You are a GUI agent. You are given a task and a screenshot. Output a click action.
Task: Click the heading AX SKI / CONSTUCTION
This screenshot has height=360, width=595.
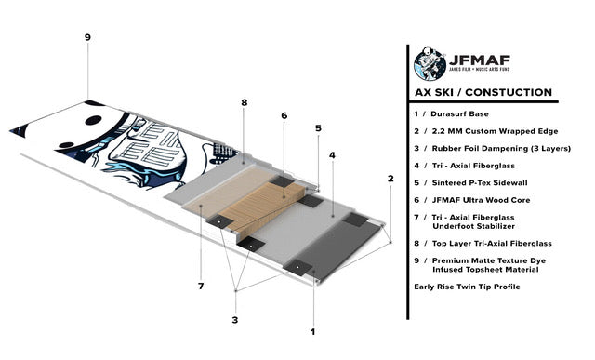coord(483,93)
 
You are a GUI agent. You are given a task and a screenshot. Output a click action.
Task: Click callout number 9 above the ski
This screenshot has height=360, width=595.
coord(87,37)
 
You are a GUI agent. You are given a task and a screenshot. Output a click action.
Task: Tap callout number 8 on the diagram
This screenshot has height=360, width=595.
coord(244,102)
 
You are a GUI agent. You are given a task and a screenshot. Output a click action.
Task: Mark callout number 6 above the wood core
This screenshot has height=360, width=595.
coord(284,116)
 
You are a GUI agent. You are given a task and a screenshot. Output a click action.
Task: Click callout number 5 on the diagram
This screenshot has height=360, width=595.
coord(318,128)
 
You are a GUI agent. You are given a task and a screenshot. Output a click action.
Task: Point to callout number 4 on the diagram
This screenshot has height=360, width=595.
coord(332,154)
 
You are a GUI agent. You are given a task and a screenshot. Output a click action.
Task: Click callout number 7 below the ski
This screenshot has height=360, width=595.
coord(200,286)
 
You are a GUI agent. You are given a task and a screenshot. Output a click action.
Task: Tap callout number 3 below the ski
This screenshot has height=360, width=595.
coord(235,321)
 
